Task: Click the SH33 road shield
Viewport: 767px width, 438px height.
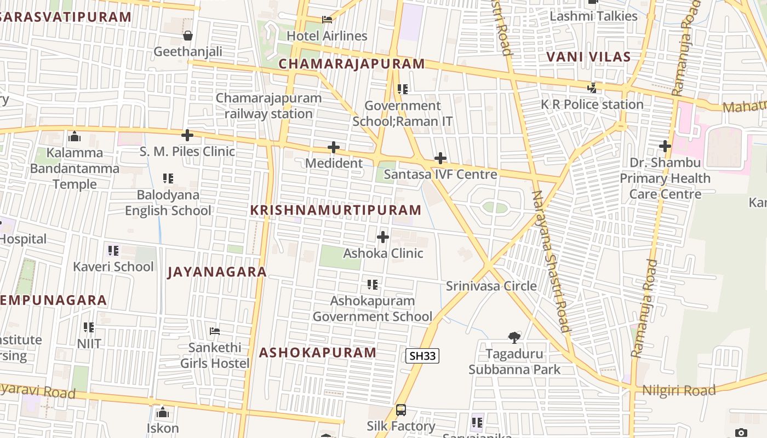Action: (422, 356)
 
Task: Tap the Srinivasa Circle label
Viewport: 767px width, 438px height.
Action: (491, 286)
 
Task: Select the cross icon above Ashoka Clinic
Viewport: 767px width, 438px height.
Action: (383, 237)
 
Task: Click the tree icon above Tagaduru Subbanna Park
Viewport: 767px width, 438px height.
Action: (514, 337)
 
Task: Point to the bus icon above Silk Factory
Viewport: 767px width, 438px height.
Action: (401, 410)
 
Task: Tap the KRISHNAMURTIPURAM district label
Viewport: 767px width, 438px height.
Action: (336, 210)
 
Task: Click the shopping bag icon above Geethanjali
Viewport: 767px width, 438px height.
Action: (188, 36)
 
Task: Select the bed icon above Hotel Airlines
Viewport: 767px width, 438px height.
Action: (327, 20)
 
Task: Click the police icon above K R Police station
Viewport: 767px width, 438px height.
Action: (592, 88)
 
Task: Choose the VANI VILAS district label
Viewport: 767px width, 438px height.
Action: (588, 56)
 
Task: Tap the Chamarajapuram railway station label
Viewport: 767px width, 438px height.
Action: (268, 106)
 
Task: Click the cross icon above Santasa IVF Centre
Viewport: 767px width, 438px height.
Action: (440, 159)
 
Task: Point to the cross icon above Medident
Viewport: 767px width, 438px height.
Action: (333, 147)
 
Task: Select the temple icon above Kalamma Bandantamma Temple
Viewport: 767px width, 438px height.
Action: (74, 136)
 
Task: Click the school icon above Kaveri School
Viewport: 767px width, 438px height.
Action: (113, 251)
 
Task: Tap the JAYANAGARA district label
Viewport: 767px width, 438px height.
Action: (217, 272)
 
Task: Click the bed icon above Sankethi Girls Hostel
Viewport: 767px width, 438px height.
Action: (215, 331)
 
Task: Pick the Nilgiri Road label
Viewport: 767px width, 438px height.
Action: (679, 390)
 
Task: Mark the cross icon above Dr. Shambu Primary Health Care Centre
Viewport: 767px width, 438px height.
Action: (665, 146)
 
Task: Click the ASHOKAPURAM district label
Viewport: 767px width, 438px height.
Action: (318, 352)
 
